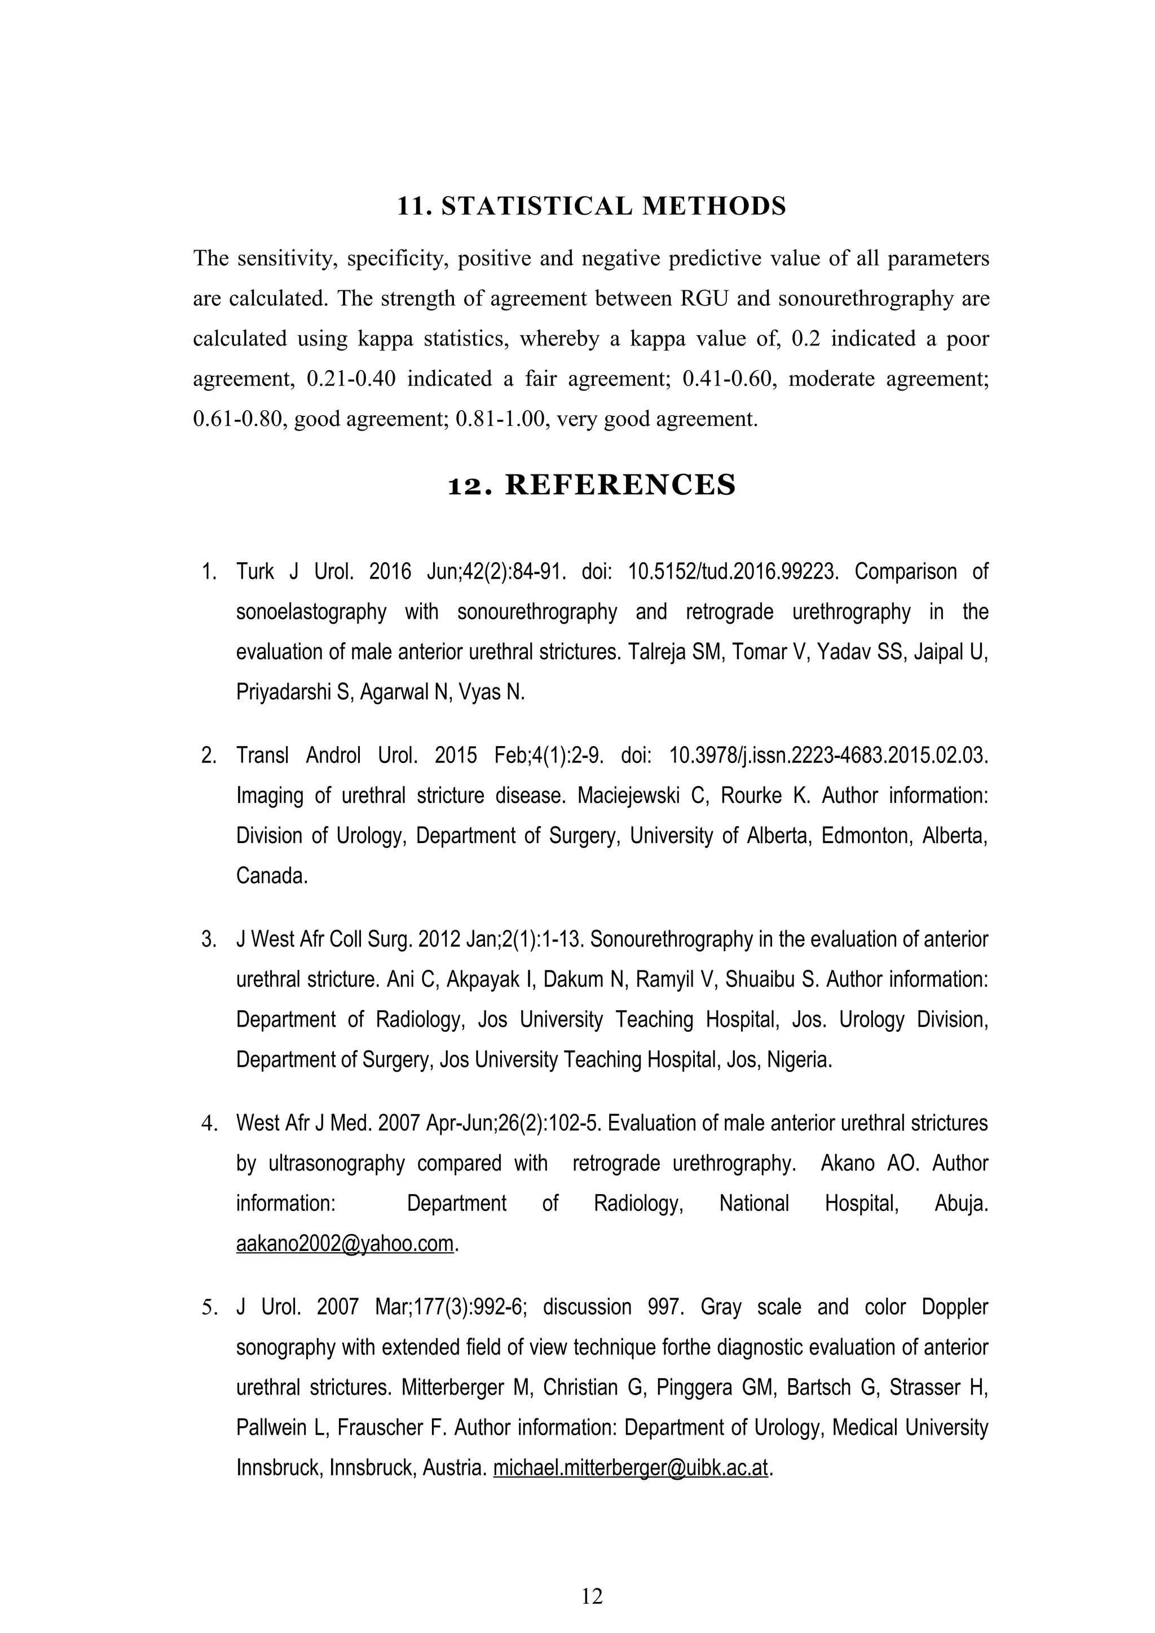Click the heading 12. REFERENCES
coord(592,485)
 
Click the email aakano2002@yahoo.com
coord(345,1243)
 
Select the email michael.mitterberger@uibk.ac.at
coord(631,1468)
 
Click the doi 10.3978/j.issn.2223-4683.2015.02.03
coord(828,755)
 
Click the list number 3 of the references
coord(209,939)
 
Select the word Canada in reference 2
coord(272,876)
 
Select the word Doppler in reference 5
coord(954,1307)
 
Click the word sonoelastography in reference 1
coord(311,611)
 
